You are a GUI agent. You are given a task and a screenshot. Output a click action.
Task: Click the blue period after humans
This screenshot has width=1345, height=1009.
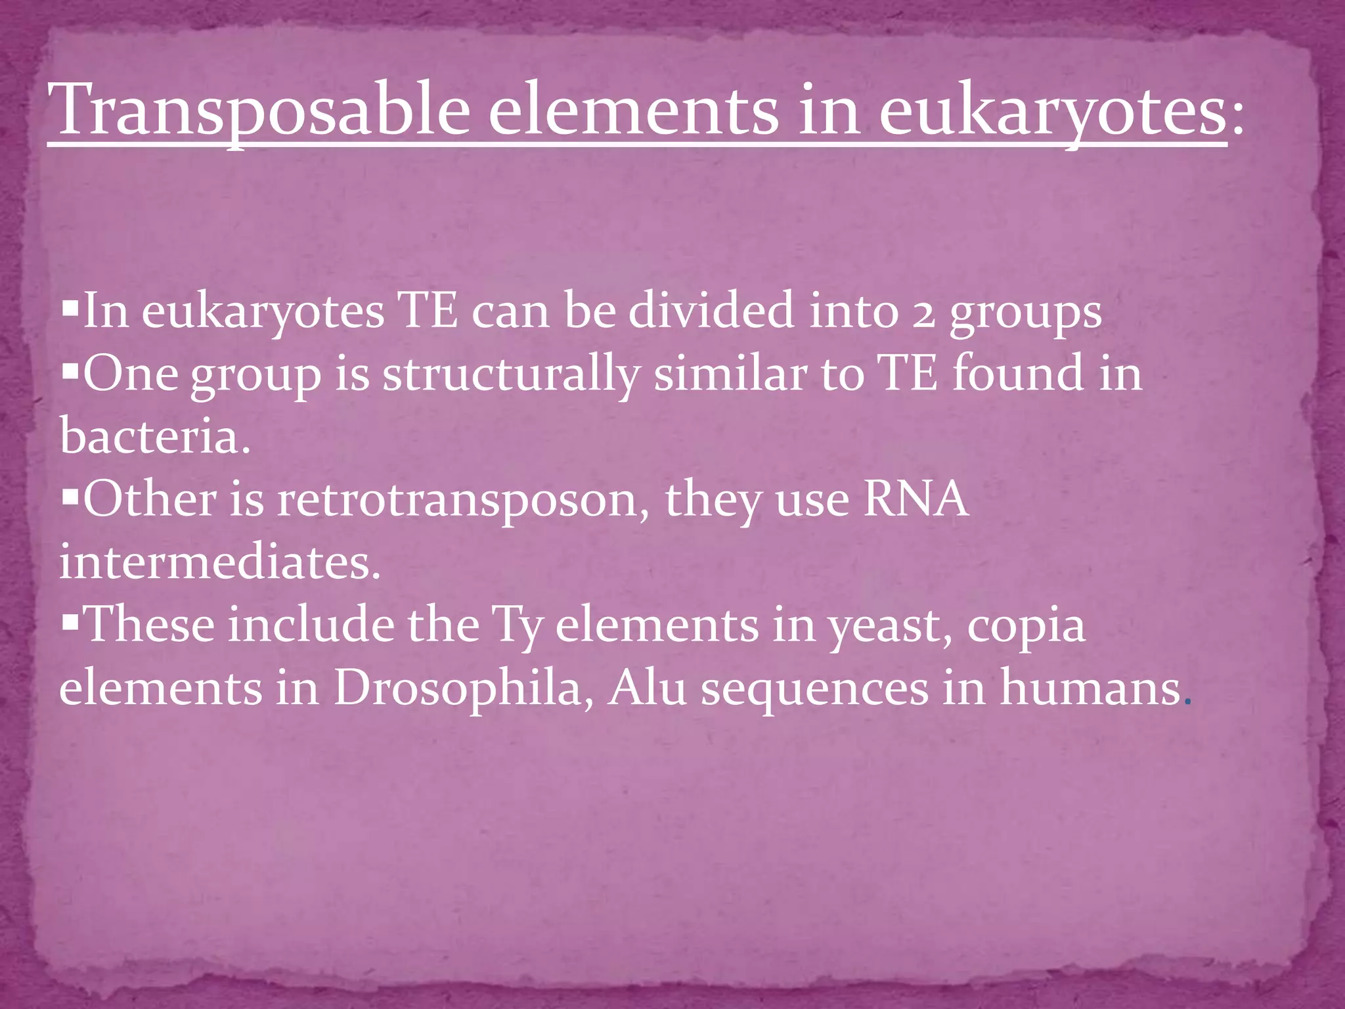pyautogui.click(x=1187, y=702)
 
